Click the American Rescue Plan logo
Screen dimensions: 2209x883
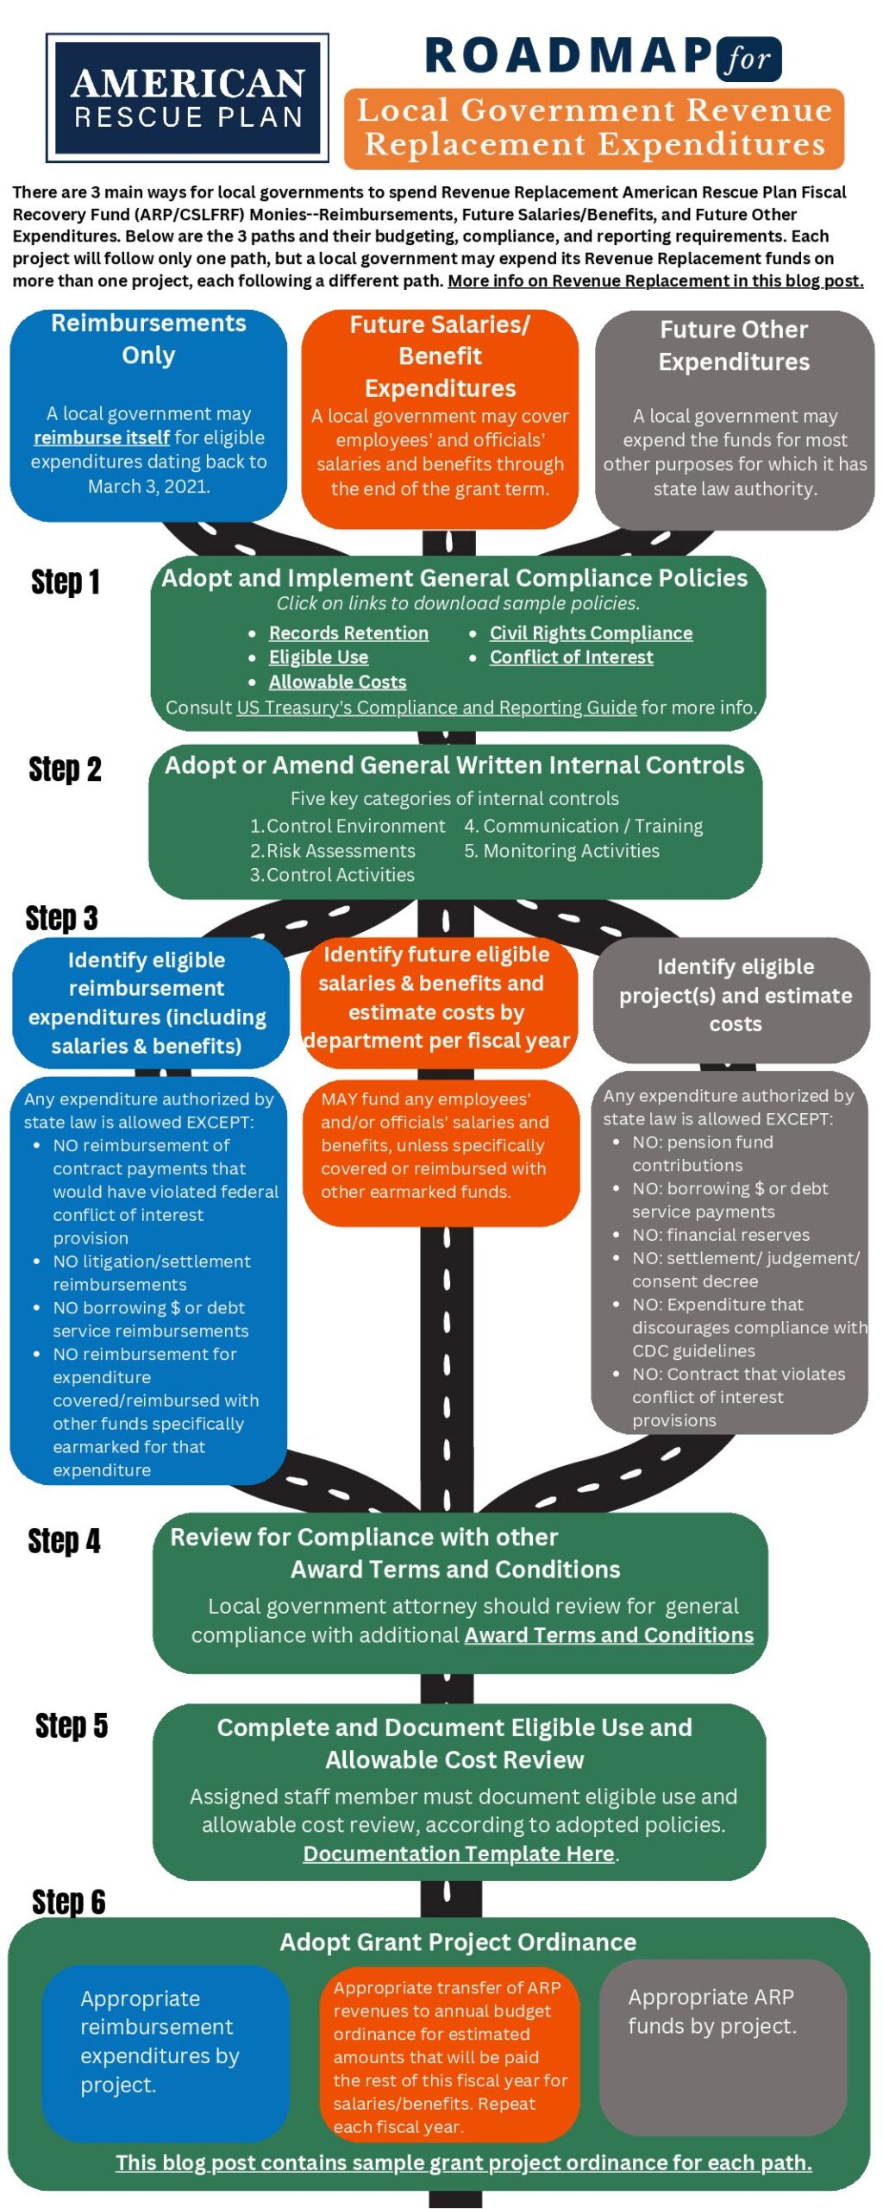pyautogui.click(x=187, y=98)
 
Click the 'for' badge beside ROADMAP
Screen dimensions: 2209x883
pyautogui.click(x=748, y=60)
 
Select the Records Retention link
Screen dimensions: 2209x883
pyautogui.click(x=348, y=632)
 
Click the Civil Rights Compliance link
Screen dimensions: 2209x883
pyautogui.click(x=591, y=632)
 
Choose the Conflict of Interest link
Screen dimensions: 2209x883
pyautogui.click(x=571, y=657)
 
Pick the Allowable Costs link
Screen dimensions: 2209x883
pyautogui.click(x=337, y=682)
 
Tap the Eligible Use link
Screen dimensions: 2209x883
pyautogui.click(x=318, y=657)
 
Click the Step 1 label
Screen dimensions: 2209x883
pyautogui.click(x=66, y=582)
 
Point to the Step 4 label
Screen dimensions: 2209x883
pyautogui.click(x=65, y=1540)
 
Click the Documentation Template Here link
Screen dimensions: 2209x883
pyautogui.click(x=459, y=1853)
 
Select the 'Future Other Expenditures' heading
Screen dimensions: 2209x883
pyautogui.click(x=734, y=345)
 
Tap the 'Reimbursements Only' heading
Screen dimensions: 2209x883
pyautogui.click(x=148, y=338)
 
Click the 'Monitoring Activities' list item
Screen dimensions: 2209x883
pyautogui.click(x=571, y=851)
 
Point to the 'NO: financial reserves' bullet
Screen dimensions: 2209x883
pyautogui.click(x=720, y=1235)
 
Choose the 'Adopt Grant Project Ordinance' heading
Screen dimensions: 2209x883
pyautogui.click(x=458, y=1942)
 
